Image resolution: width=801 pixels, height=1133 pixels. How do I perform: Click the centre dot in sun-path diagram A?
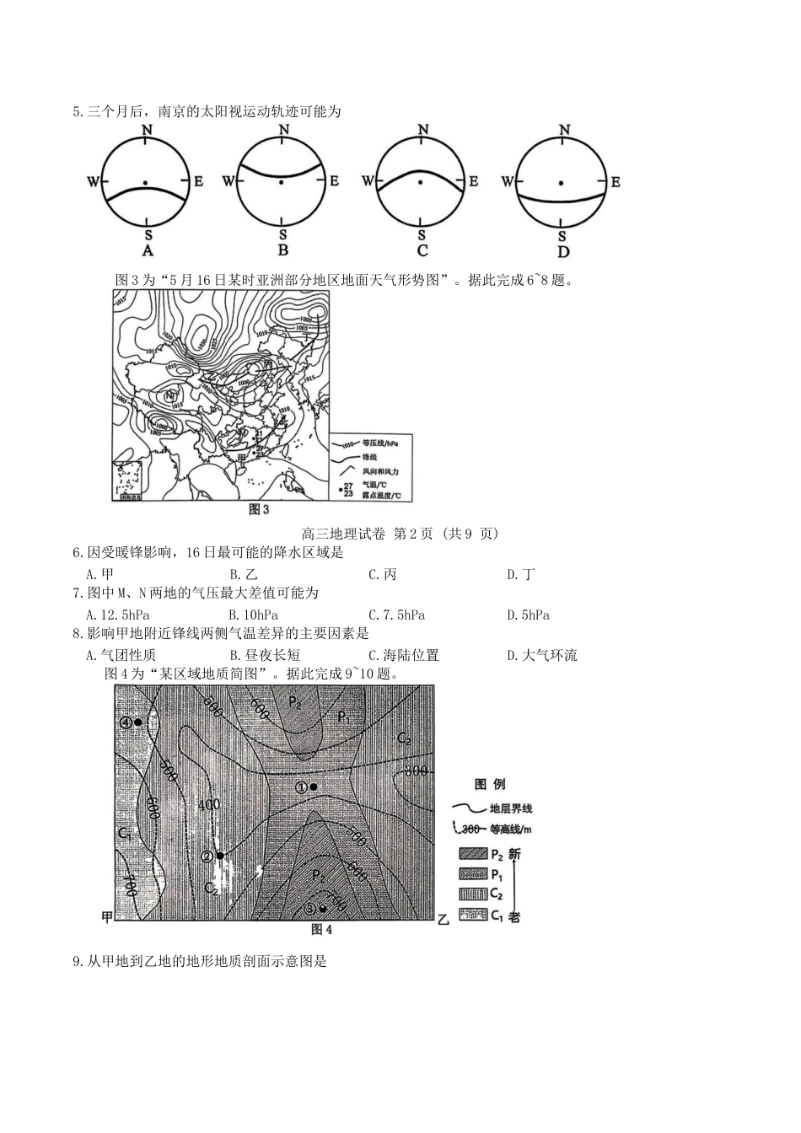(147, 182)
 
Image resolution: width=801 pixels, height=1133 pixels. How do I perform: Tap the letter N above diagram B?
(283, 129)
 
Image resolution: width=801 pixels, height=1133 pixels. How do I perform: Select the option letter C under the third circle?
(422, 250)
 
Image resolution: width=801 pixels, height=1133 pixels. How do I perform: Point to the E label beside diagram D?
(616, 182)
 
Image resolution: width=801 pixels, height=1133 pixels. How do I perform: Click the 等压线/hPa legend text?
(379, 443)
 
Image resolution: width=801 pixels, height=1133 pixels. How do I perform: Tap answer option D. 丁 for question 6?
(520, 575)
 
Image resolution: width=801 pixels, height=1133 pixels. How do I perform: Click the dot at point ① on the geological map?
(314, 787)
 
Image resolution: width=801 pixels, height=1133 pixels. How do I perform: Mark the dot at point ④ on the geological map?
(137, 722)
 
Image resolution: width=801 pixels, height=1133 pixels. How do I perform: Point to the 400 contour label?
(208, 805)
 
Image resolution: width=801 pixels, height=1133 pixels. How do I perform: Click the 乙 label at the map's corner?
(444, 919)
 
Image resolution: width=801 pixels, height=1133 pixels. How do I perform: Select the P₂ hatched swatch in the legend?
(472, 855)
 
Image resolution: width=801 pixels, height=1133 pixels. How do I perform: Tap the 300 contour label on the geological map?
(417, 771)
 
